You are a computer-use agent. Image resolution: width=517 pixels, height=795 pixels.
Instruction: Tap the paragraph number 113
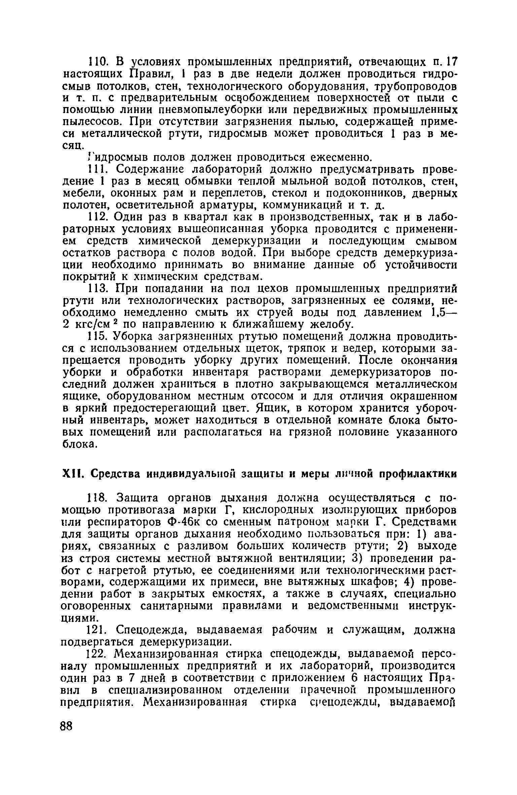pyautogui.click(x=97, y=288)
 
